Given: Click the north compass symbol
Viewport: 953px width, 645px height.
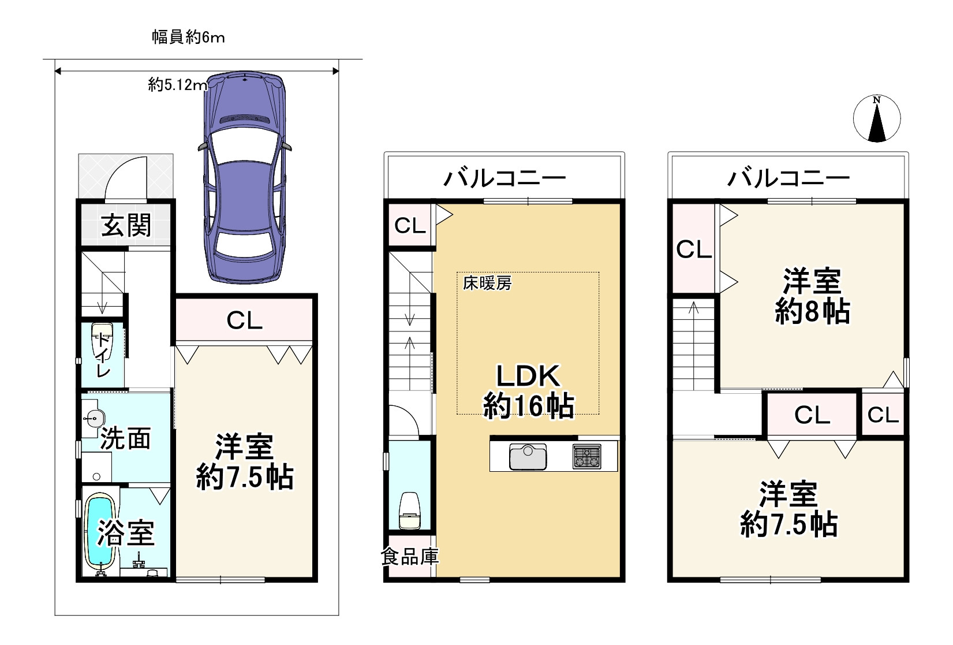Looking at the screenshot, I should [876, 119].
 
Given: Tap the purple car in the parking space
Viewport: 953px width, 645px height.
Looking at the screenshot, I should [245, 178].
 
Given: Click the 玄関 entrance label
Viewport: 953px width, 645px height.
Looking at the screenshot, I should [126, 225].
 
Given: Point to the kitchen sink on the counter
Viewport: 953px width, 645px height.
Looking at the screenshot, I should [528, 457].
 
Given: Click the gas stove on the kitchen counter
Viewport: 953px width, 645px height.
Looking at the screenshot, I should [586, 456].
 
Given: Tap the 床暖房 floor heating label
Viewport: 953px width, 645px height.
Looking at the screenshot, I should [487, 283].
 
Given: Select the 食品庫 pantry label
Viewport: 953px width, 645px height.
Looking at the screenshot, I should [409, 557].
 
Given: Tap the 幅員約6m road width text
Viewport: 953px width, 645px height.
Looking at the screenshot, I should [188, 38].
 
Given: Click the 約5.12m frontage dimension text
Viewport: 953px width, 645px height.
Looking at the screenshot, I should [177, 85].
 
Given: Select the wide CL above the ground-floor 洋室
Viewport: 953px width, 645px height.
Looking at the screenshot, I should [244, 320].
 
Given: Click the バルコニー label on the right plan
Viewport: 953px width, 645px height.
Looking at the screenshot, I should [788, 178].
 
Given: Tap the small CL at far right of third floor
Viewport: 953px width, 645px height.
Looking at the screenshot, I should [883, 415].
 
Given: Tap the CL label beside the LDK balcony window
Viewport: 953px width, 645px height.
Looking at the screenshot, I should [410, 225].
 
